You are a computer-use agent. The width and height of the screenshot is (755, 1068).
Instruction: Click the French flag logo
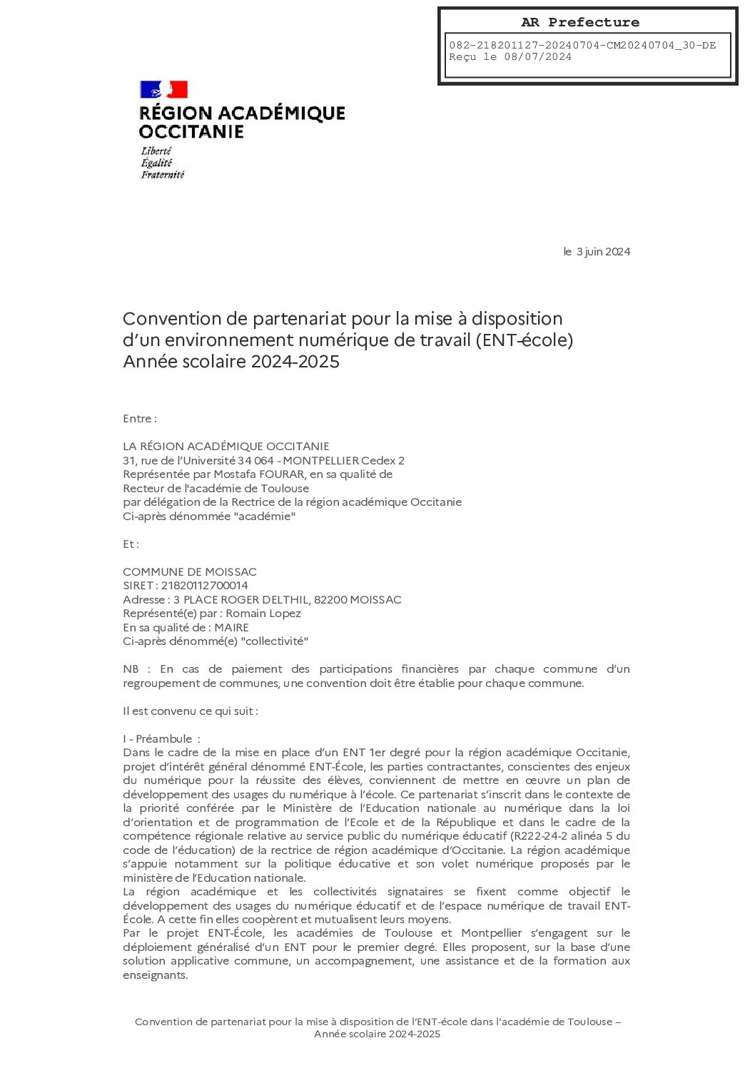(x=163, y=89)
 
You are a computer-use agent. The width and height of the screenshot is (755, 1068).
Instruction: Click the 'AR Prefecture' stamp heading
(x=579, y=22)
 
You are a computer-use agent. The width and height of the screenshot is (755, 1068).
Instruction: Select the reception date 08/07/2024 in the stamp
(x=537, y=57)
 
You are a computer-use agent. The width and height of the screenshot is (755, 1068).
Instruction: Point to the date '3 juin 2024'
(x=603, y=251)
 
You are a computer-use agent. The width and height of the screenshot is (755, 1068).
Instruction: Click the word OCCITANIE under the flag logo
(x=191, y=132)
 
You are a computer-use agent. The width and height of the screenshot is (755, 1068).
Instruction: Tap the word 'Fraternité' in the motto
(x=162, y=175)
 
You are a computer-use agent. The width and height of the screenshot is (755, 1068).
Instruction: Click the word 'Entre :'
(x=139, y=419)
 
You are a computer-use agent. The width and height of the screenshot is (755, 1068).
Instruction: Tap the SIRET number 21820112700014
(x=204, y=586)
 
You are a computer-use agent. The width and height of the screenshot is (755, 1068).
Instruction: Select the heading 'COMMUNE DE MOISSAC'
(x=189, y=571)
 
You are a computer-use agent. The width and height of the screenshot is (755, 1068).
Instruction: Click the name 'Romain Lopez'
(x=263, y=614)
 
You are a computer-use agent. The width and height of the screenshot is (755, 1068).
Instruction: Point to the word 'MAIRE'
(x=231, y=628)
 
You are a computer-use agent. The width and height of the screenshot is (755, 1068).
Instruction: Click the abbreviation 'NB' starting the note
(x=131, y=669)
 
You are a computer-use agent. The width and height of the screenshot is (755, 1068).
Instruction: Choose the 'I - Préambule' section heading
(x=161, y=739)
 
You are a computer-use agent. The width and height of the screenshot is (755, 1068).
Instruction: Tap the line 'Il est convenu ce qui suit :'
(x=190, y=711)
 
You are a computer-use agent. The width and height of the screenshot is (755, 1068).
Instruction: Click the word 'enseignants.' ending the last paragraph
(x=155, y=975)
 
